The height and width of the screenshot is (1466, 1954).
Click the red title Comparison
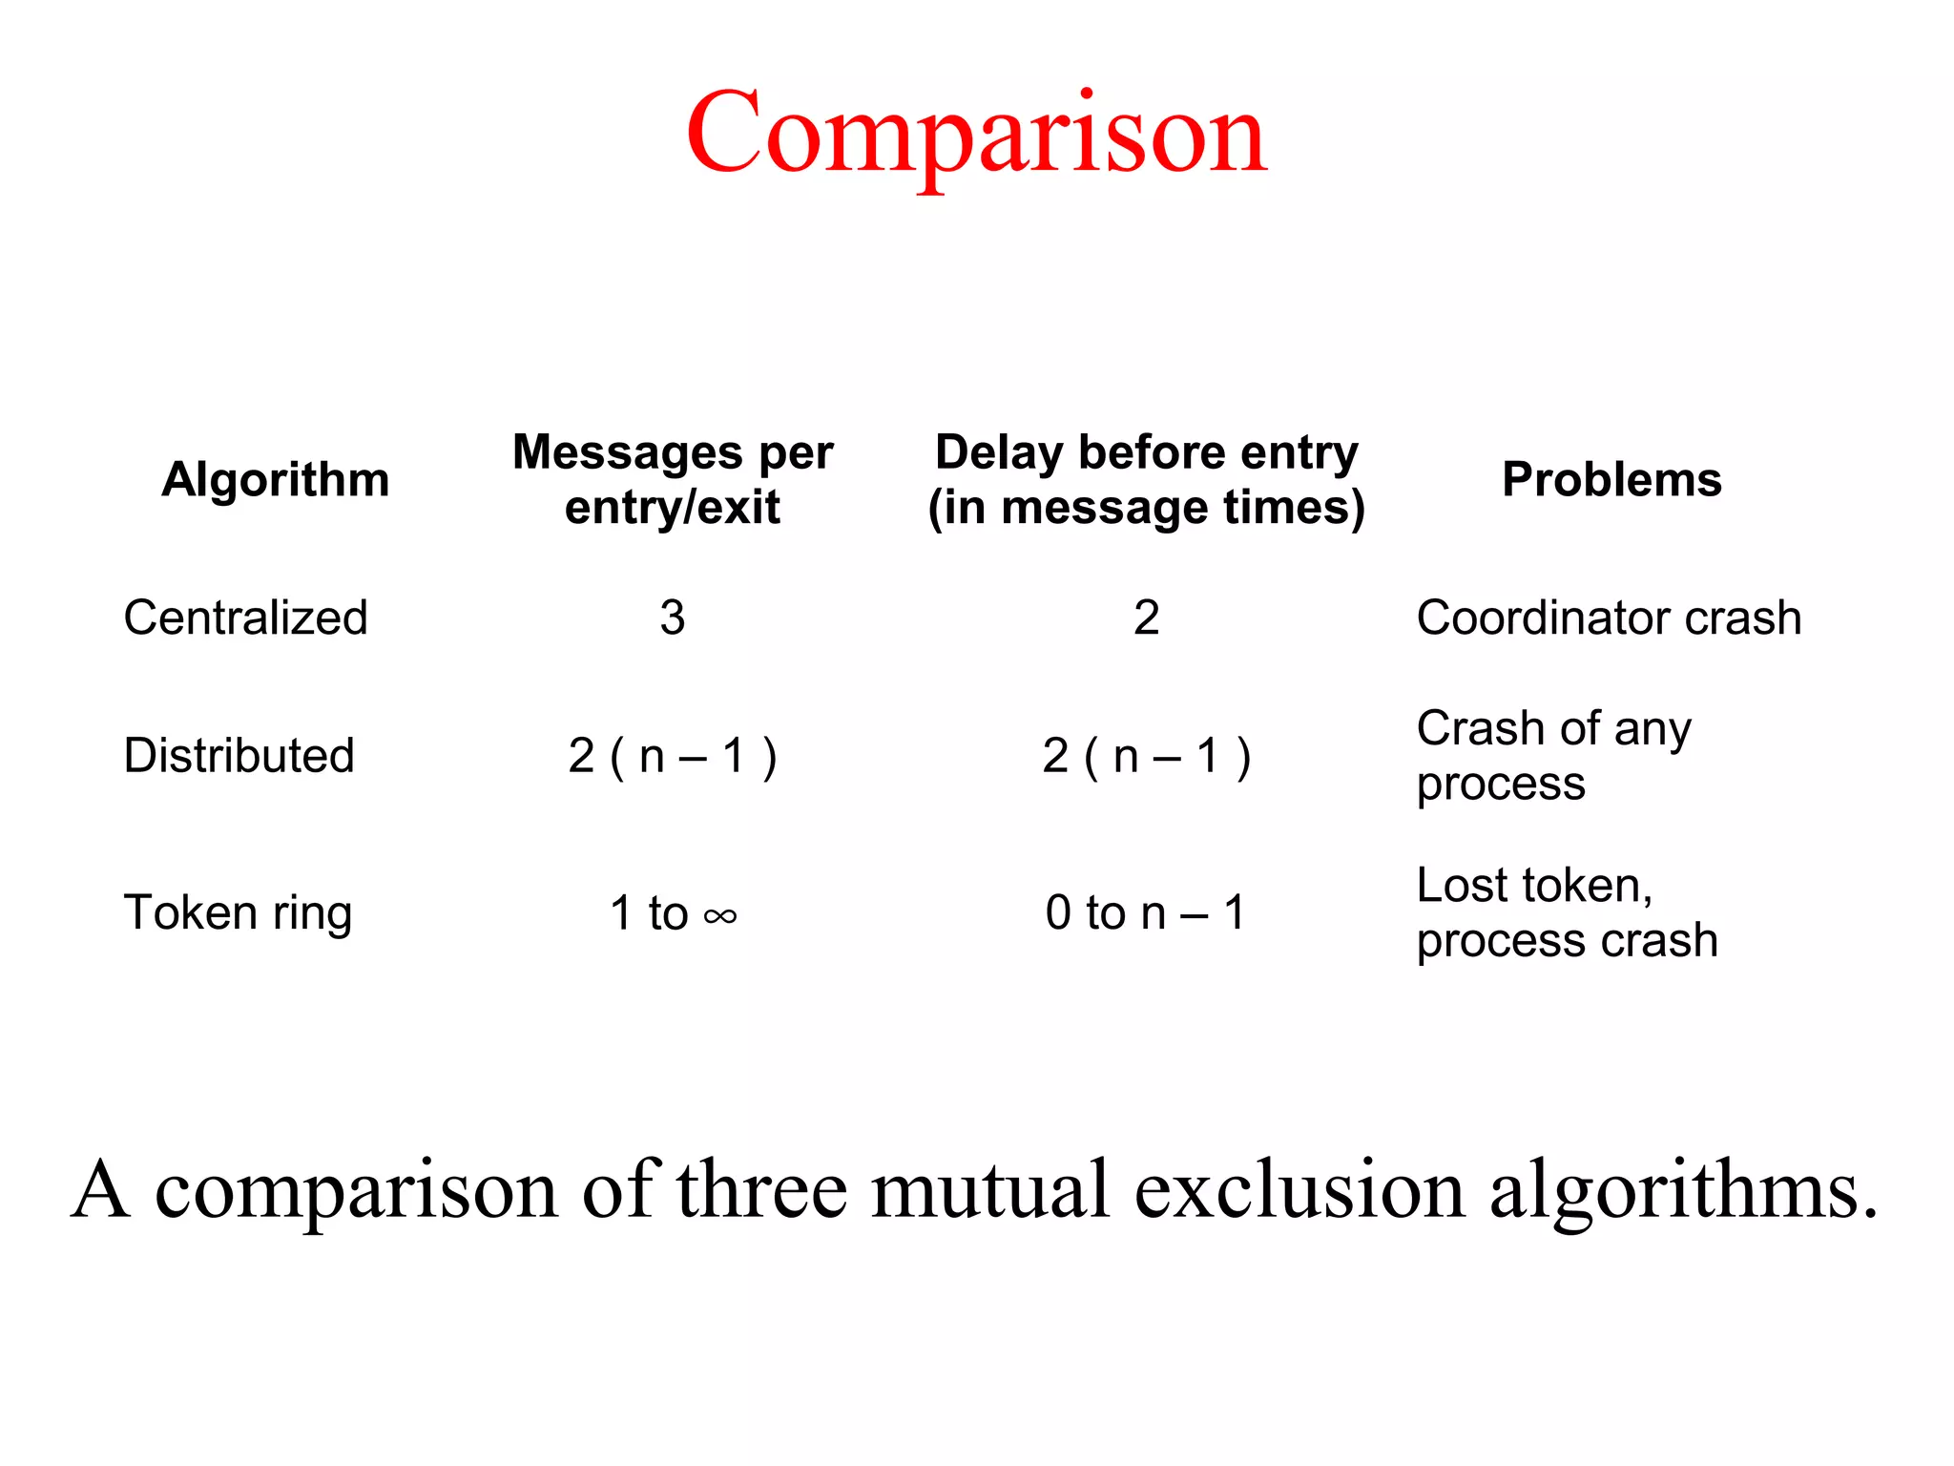976,134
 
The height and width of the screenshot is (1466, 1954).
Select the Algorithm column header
276,479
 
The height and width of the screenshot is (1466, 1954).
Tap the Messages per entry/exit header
673,479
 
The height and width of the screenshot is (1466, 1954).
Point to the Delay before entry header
1146,479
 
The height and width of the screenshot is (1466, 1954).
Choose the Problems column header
1611,479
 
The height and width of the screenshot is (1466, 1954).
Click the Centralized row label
245,618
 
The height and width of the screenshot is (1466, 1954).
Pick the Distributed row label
239,756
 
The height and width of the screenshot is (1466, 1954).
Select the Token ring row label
238,913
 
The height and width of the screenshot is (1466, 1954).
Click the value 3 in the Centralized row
673,618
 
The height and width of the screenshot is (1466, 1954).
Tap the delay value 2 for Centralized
1146,618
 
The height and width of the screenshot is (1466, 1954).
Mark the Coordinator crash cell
1609,618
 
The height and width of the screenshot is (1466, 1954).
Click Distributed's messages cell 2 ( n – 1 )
673,756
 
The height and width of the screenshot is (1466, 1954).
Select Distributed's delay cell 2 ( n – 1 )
1146,756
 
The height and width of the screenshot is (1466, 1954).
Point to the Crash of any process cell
1553,756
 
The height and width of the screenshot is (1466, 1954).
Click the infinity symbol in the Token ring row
720,917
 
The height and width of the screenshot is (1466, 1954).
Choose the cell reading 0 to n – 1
1146,913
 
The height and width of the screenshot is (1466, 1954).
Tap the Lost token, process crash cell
1567,913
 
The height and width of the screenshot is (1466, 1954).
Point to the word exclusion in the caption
1299,1190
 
